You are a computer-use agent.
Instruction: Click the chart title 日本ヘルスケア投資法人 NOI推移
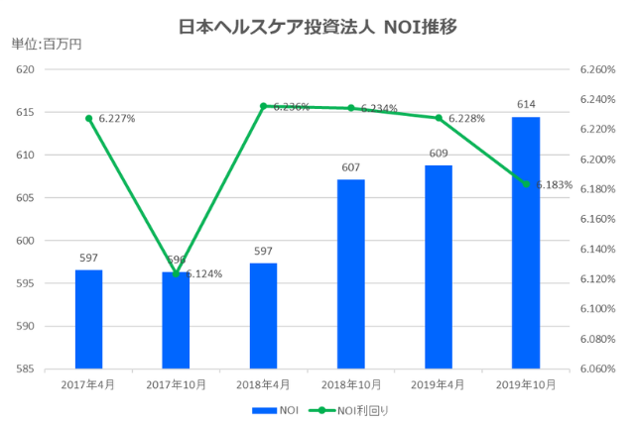click(x=317, y=27)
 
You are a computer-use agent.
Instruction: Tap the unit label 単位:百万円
click(x=46, y=45)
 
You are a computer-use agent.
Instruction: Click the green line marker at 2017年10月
click(x=177, y=273)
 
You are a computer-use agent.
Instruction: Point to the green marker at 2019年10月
click(x=526, y=184)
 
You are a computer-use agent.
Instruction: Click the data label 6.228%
click(x=466, y=119)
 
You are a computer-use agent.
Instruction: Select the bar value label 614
click(x=525, y=104)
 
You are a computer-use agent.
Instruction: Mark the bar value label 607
click(x=350, y=166)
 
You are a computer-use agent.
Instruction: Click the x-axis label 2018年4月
click(x=263, y=383)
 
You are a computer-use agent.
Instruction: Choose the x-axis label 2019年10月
click(x=525, y=383)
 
